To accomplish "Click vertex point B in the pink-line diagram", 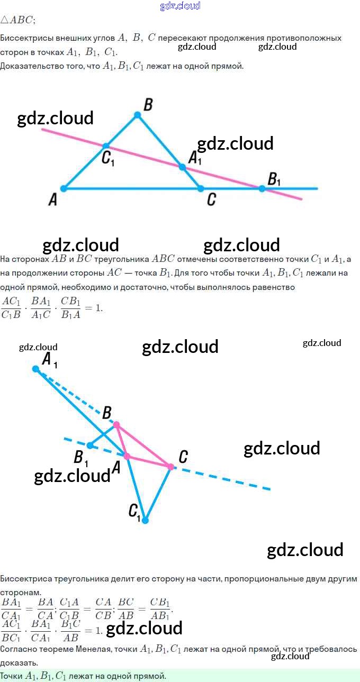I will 137,115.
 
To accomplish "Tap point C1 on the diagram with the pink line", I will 106,146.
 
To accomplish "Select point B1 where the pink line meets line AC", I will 262,188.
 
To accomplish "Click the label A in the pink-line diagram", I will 52,200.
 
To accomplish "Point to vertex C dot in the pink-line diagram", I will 201,188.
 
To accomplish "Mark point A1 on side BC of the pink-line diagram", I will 182,167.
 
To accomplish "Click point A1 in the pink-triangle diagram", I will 35,369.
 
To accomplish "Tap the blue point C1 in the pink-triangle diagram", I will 145,520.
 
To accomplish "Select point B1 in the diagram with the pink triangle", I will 90,445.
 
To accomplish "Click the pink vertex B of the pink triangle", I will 116,425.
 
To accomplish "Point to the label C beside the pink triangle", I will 183,457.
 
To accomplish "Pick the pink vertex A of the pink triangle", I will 127,456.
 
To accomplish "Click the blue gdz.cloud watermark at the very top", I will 180,6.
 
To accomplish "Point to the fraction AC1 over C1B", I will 11,307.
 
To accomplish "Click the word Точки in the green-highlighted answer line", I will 12,676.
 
